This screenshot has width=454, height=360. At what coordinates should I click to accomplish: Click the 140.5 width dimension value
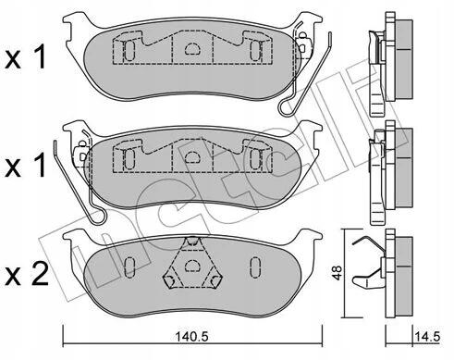[192, 337]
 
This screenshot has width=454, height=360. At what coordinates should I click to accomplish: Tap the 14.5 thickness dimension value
[427, 337]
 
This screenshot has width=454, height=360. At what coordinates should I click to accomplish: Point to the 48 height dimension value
[337, 273]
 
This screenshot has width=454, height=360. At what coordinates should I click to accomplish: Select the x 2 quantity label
[27, 273]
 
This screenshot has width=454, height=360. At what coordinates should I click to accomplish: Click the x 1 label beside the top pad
[26, 57]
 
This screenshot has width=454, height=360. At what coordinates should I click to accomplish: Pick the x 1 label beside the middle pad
[26, 166]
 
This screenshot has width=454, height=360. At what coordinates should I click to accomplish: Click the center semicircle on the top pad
[192, 49]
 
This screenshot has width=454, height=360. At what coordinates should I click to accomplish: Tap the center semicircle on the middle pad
[192, 157]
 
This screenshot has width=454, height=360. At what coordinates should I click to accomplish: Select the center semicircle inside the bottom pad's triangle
[192, 265]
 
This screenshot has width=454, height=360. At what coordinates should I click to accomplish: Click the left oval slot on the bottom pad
[129, 267]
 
